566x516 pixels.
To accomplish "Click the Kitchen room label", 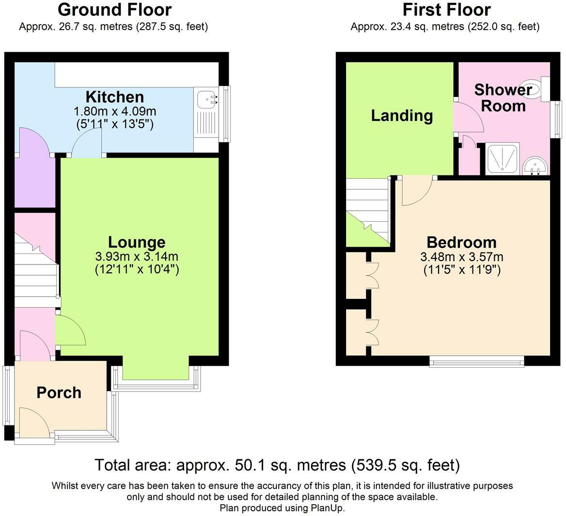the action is tap(115, 97).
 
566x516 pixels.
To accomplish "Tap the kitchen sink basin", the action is tap(207, 99).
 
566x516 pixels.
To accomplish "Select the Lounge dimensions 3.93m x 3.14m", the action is tap(137, 257).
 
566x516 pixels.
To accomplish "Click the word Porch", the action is tap(59, 392).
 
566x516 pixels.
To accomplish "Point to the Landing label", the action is tap(402, 116).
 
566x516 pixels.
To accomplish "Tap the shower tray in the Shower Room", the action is tap(502, 159).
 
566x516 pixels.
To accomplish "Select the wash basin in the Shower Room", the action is tap(535, 166).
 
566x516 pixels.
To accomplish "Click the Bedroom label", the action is tap(462, 242).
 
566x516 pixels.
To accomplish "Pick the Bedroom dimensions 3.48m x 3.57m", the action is tap(462, 257).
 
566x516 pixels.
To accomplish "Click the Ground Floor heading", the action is tap(114, 10).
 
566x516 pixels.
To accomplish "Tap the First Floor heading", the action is tap(446, 10).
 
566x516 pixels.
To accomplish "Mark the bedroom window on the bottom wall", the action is tap(477, 361).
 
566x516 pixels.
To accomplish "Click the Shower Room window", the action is tap(558, 119).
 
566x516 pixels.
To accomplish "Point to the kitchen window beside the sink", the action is tap(226, 114).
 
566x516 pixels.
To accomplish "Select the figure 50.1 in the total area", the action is tap(248, 465).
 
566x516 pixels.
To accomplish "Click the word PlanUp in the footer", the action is tap(328, 508).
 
